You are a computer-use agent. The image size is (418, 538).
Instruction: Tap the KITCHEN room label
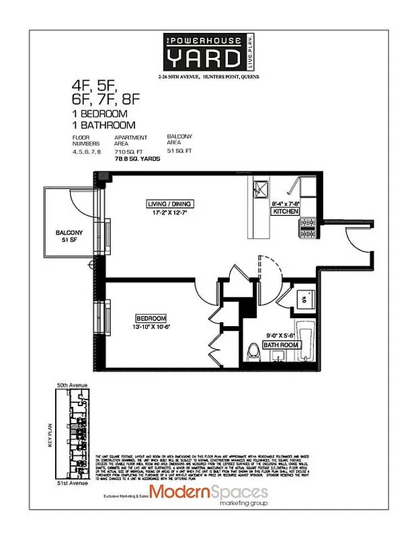click(286, 211)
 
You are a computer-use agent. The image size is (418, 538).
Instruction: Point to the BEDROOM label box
click(151, 318)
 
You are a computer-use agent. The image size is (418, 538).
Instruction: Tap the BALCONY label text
click(69, 233)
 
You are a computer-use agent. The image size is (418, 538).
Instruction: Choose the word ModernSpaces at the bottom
click(208, 492)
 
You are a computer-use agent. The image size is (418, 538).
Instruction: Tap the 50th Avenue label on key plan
click(72, 385)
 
